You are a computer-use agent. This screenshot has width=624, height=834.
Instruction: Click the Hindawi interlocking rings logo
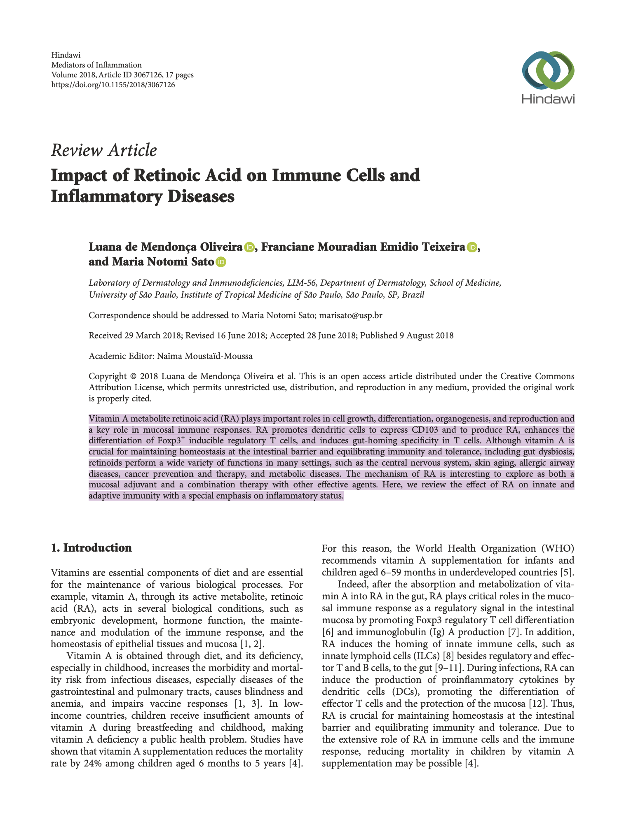point(548,70)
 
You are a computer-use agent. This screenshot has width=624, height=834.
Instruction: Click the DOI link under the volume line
point(113,85)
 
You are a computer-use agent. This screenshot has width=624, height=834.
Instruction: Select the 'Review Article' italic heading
point(103,150)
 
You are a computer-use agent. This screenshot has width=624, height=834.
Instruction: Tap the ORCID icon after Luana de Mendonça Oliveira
point(249,247)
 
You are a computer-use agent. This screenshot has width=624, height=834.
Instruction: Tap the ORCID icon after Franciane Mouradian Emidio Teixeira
point(472,247)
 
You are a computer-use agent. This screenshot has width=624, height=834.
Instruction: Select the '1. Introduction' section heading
point(91,548)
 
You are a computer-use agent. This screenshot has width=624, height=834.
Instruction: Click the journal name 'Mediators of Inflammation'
point(96,65)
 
